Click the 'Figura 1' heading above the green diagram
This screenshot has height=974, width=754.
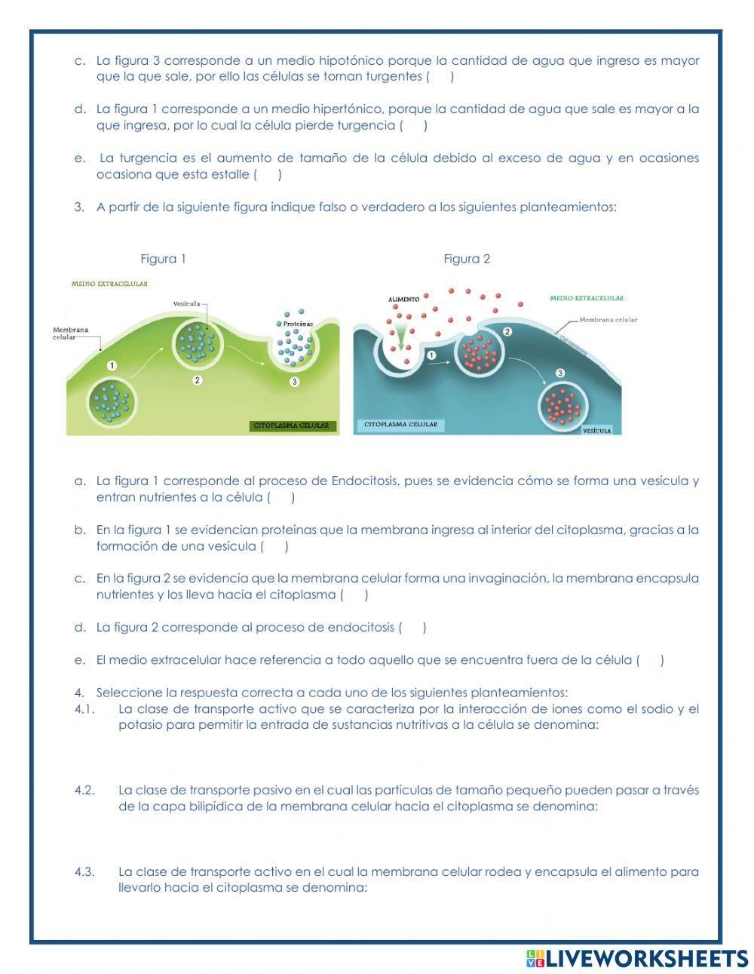tap(163, 259)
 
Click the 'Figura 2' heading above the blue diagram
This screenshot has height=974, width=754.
tap(467, 259)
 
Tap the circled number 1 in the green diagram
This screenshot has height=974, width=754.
tap(112, 365)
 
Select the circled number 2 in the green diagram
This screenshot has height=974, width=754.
tap(197, 380)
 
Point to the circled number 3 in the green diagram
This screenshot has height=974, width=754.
tap(295, 382)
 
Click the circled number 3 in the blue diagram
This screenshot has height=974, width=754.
tap(560, 373)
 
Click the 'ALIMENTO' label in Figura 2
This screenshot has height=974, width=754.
tap(403, 300)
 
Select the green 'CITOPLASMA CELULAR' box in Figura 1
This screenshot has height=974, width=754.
tap(291, 426)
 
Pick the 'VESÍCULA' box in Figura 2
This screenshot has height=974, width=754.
tap(597, 430)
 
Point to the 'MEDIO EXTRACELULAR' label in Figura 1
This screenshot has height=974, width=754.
tap(109, 284)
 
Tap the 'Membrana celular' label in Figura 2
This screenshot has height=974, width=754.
tap(608, 320)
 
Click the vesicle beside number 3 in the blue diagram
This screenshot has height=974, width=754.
tap(562, 405)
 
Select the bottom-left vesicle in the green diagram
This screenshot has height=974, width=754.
tap(112, 401)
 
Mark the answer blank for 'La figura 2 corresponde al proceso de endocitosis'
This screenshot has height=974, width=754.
tap(412, 627)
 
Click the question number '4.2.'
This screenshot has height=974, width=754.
tap(84, 790)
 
